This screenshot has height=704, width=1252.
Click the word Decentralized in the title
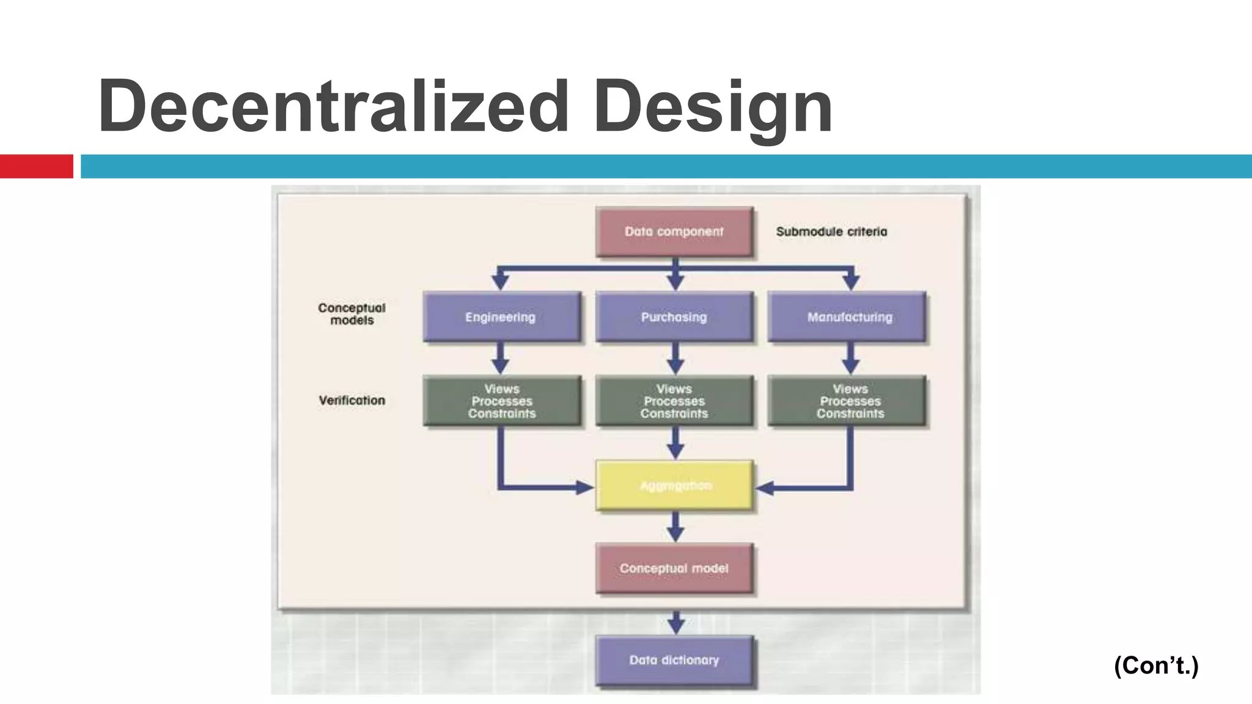[333, 106]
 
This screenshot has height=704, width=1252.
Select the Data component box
[674, 232]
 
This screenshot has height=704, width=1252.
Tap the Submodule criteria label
[831, 232]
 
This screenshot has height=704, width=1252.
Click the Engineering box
[501, 317]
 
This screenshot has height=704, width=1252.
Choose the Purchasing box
[674, 317]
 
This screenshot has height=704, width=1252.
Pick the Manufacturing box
[849, 317]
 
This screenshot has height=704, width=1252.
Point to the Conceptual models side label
[352, 314]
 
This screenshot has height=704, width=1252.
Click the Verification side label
[352, 400]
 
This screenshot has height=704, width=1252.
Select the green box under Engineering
[501, 401]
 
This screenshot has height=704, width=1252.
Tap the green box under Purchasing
[674, 401]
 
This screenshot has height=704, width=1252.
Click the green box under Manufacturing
[849, 401]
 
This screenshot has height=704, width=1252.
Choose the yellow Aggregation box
[674, 486]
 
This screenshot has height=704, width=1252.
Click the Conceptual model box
[674, 568]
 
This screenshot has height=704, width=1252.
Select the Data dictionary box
[674, 660]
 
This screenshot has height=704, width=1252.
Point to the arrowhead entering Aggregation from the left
[584, 488]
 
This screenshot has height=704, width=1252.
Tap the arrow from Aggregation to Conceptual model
[675, 527]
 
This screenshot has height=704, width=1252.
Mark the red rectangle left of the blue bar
[36, 166]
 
